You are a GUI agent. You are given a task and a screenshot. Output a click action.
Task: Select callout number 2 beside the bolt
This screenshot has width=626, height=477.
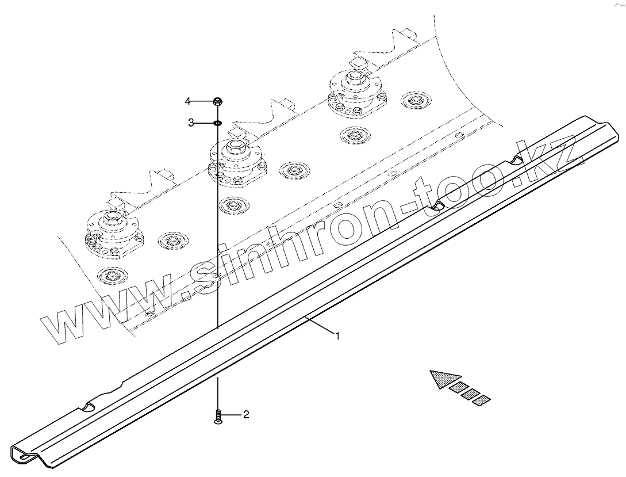coord(246,415)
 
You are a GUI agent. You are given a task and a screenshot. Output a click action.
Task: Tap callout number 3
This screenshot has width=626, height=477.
coord(190,123)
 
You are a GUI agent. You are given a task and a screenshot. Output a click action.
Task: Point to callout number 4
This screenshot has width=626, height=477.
coord(188,102)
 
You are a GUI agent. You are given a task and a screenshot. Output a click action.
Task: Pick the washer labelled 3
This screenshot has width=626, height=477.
coord(218,123)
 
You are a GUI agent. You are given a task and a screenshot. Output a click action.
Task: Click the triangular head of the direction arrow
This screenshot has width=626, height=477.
coord(443,380)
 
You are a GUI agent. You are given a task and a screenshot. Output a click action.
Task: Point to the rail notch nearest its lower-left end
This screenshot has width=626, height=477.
coord(87,407)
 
